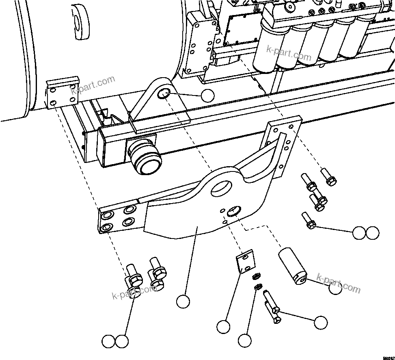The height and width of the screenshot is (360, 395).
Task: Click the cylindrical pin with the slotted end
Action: point(291,268)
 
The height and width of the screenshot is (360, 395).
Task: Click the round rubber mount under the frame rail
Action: point(146,157)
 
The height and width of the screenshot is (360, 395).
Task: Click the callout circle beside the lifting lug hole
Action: point(207,95)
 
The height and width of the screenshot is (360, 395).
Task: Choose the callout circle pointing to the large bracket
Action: point(183,301)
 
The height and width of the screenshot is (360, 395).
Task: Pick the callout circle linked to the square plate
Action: point(223,326)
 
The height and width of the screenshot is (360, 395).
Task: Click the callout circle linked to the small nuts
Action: point(244,340)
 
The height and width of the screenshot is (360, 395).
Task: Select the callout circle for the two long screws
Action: point(320,322)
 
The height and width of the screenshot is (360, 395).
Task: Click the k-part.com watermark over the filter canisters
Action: point(289,54)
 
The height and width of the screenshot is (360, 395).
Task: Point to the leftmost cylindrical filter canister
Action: point(266,48)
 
